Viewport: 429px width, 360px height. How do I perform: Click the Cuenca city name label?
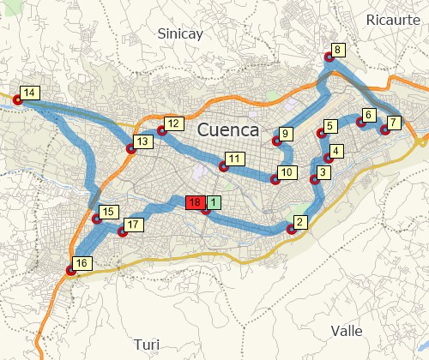(x=228, y=130)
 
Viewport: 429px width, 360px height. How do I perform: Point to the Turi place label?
(x=147, y=345)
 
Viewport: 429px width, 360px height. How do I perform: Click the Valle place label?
(x=346, y=330)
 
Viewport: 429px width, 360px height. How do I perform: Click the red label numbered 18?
(x=195, y=202)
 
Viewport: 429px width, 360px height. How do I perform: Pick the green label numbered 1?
(x=213, y=202)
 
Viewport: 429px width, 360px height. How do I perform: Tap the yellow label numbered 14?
(x=29, y=93)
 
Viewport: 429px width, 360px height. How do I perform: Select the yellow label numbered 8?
(x=338, y=50)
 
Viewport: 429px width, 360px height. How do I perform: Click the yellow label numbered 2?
(x=299, y=222)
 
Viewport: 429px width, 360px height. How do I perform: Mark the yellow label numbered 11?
(x=233, y=159)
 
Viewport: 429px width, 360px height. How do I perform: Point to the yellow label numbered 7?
(x=392, y=122)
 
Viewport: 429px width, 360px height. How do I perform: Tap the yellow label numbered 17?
(x=132, y=225)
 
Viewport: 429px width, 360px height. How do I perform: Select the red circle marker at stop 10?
(x=275, y=180)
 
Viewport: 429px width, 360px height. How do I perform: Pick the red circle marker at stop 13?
(x=131, y=148)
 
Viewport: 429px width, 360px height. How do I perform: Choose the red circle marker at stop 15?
(x=97, y=219)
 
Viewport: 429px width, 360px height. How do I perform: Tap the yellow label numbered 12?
(x=174, y=123)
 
